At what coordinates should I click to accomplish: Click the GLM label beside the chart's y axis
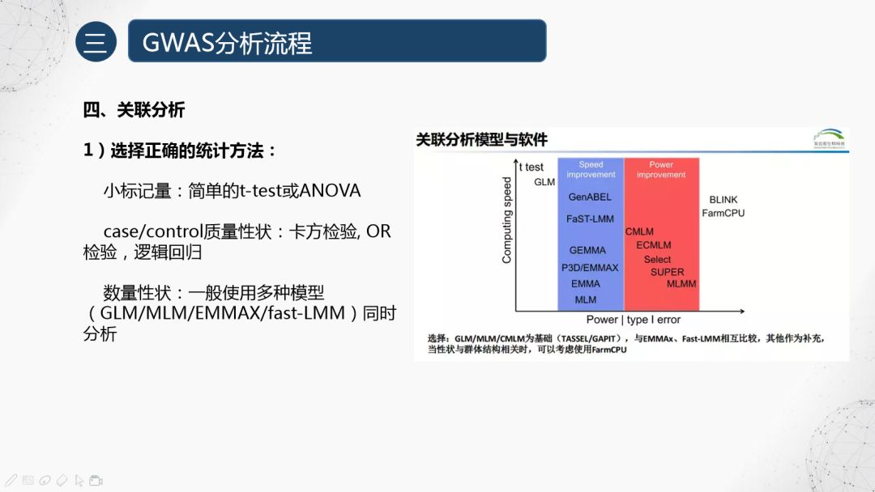(544, 182)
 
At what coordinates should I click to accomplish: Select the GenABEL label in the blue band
(590, 197)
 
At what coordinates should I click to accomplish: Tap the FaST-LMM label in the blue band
(590, 218)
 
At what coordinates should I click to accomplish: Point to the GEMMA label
(587, 250)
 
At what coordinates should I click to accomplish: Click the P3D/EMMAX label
(590, 267)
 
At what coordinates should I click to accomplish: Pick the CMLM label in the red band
(639, 231)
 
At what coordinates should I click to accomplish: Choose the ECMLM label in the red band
(653, 245)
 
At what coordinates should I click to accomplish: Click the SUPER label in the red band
(667, 272)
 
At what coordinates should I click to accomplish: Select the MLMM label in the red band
(681, 284)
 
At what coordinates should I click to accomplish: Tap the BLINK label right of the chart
(723, 199)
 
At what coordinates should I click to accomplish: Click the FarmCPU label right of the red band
(723, 213)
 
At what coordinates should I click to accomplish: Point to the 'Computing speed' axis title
(507, 220)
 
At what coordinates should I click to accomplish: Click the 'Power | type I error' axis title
(634, 320)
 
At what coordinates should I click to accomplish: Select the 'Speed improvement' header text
(591, 169)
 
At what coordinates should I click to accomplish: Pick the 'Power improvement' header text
(661, 169)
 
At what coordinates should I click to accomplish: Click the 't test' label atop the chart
(531, 168)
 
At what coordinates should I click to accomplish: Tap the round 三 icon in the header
(96, 41)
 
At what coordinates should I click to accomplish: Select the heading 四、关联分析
(134, 110)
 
